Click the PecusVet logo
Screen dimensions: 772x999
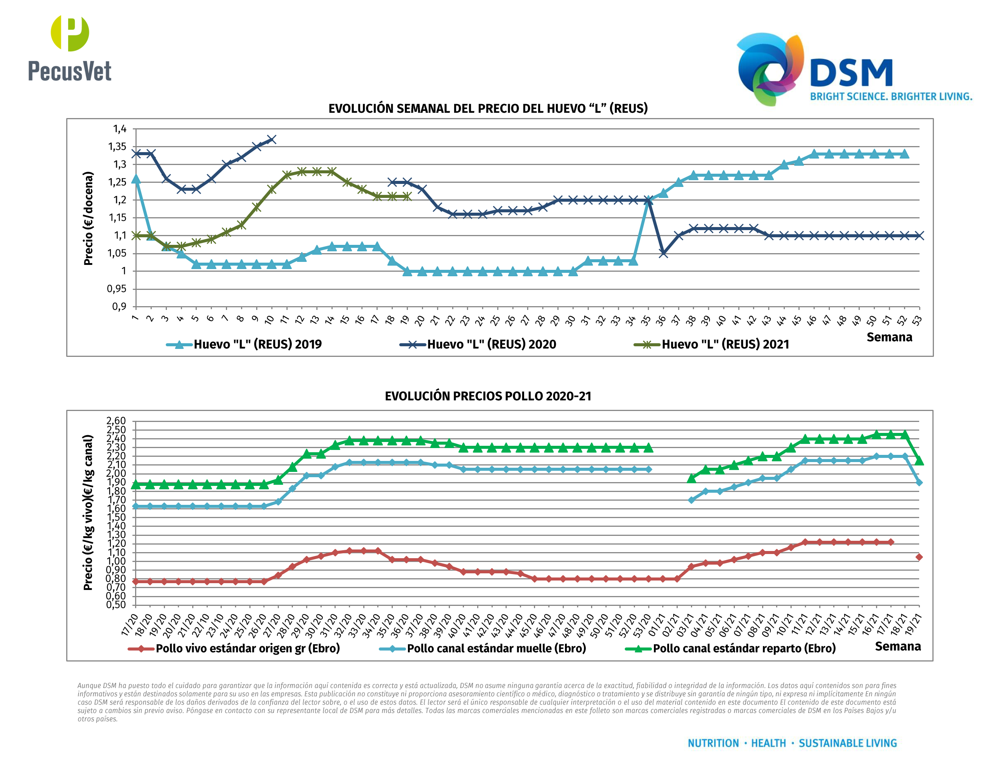click(x=70, y=48)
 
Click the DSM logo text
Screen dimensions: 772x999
click(x=851, y=73)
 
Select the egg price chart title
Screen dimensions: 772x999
click(x=488, y=108)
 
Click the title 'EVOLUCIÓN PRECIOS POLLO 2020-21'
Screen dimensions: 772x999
click(x=488, y=396)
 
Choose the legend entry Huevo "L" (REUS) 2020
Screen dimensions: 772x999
click(x=491, y=344)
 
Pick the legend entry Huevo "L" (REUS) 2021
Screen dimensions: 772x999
click(x=725, y=344)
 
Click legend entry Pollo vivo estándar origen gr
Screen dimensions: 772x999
click(x=247, y=649)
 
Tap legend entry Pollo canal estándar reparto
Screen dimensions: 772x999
click(x=744, y=649)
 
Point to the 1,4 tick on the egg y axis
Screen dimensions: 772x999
click(x=120, y=129)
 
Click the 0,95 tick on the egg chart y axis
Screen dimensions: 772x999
click(x=117, y=289)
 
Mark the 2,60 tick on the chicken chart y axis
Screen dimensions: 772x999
click(x=116, y=421)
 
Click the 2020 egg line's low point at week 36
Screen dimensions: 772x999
click(x=663, y=254)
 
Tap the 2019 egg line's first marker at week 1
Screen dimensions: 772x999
click(x=136, y=179)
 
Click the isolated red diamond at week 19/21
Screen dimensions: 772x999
click(x=919, y=557)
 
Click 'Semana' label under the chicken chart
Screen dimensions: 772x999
click(x=898, y=646)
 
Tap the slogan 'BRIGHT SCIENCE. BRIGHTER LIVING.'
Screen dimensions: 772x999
click(x=891, y=96)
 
